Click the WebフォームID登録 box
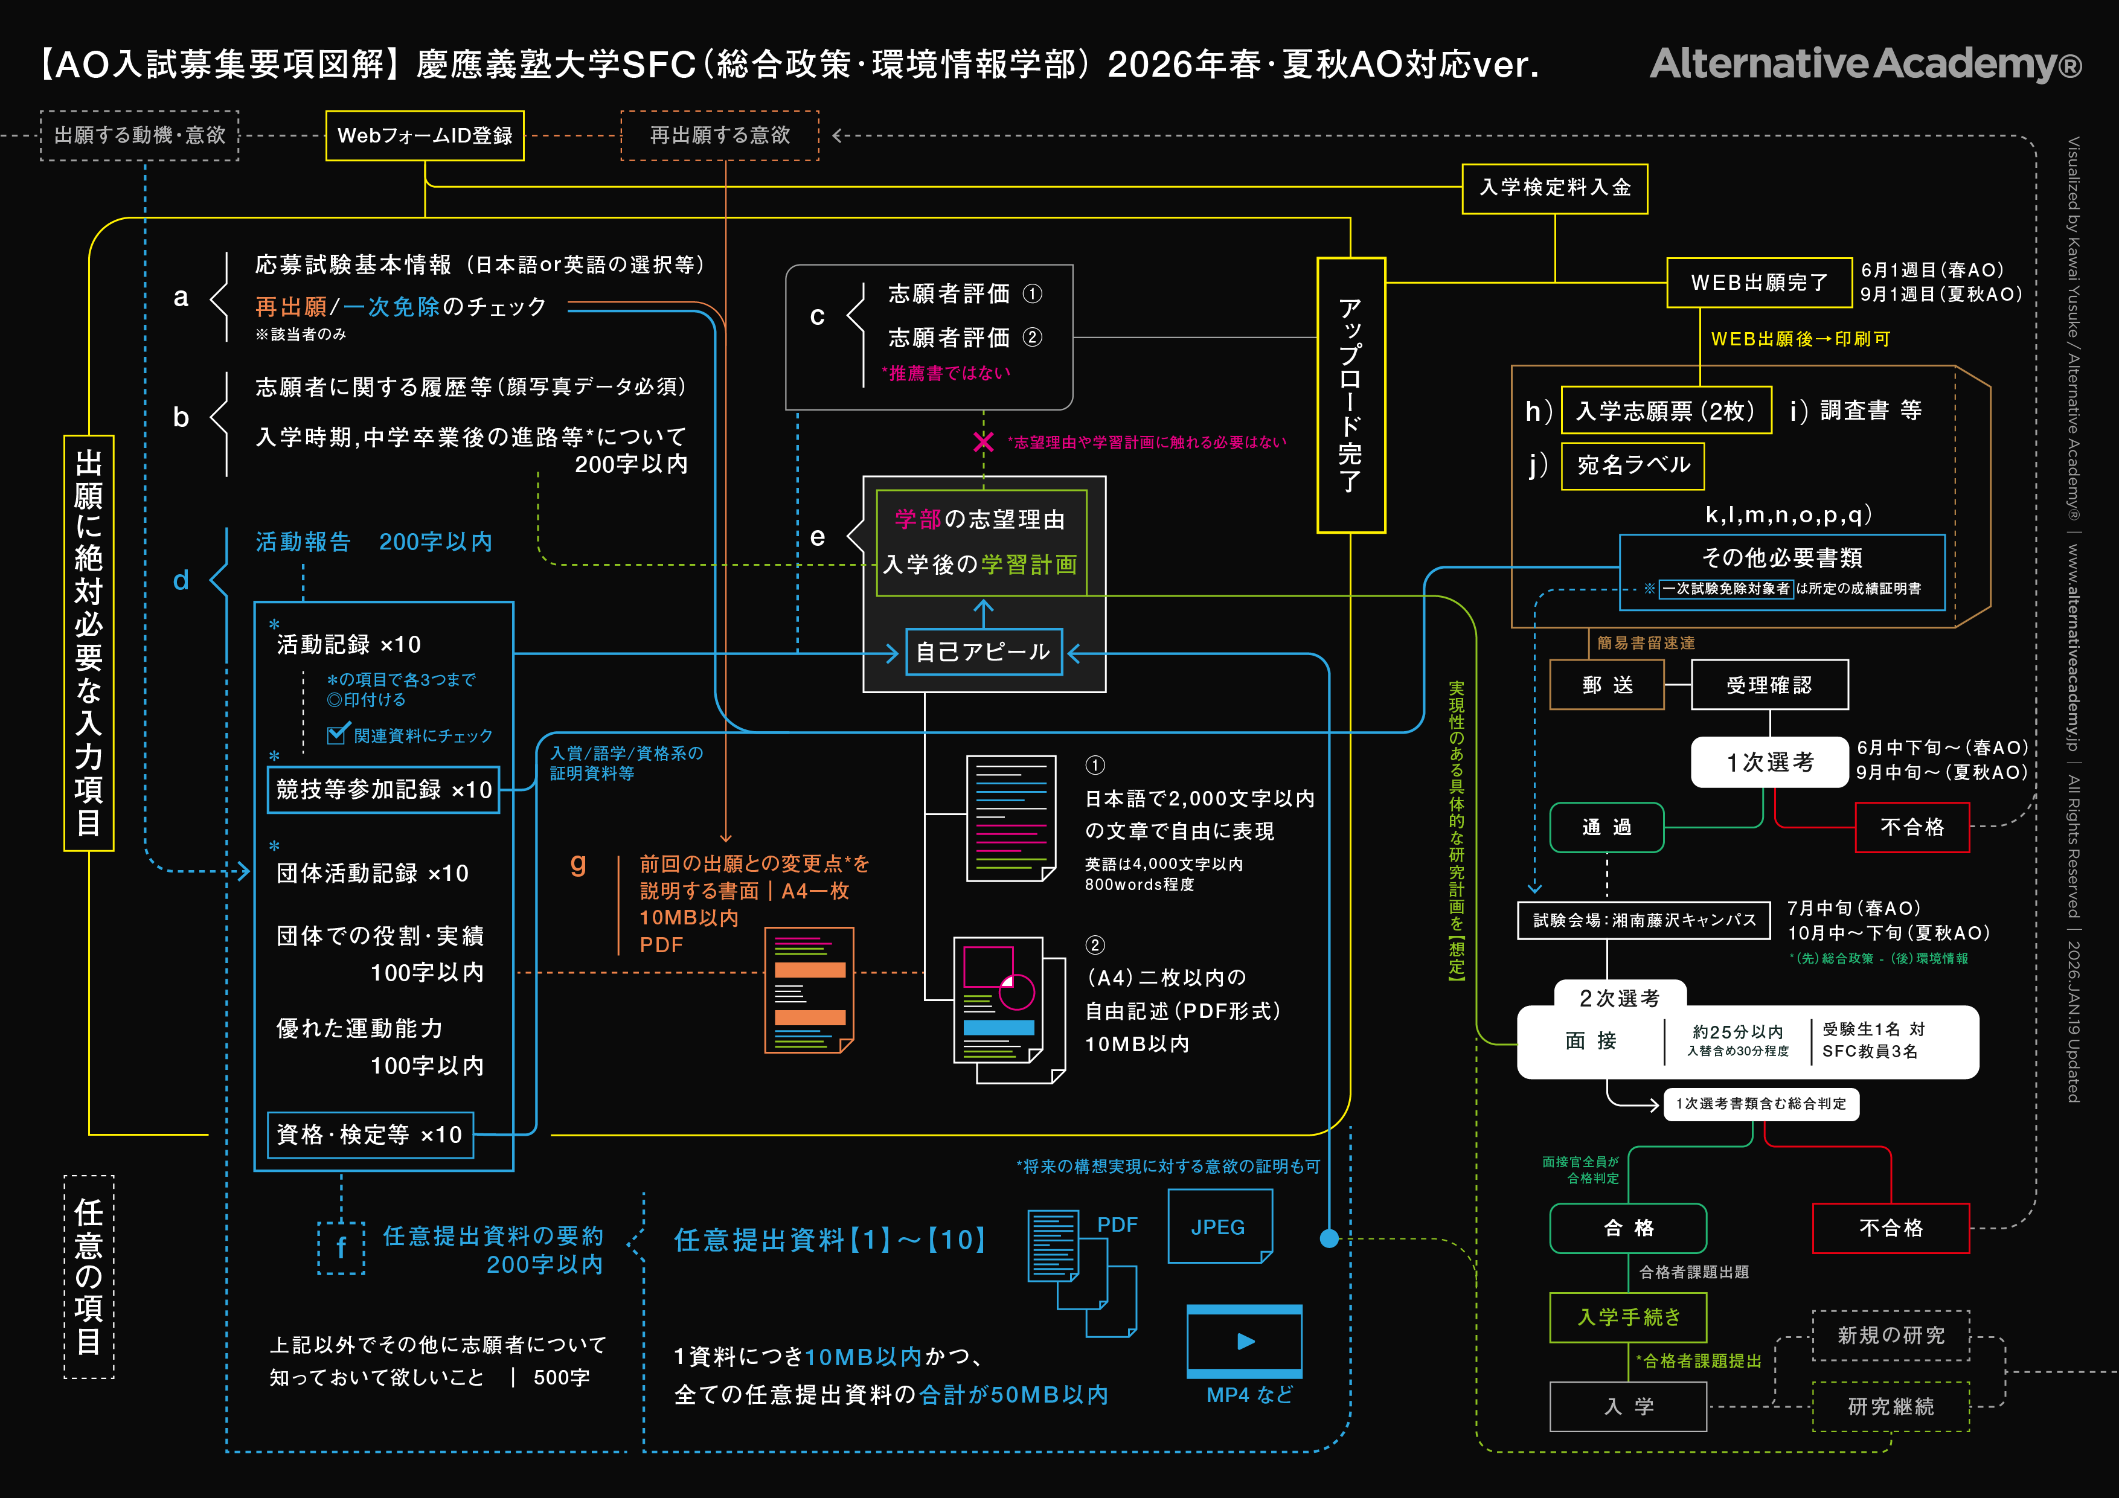point(425,136)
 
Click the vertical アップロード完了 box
point(1350,395)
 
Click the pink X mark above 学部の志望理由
point(983,442)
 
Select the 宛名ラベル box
point(1632,465)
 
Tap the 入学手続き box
point(1628,1317)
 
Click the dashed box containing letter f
point(341,1248)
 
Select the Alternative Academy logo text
point(1864,63)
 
